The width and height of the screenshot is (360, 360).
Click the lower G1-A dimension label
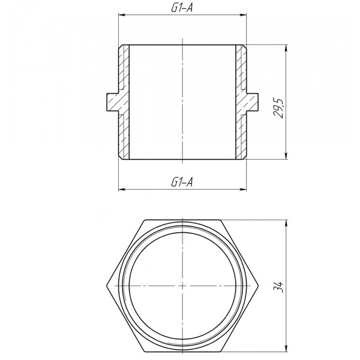coord(182,182)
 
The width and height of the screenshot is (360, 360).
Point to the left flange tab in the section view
coord(113,102)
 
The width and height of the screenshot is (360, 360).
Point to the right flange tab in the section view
coord(252,102)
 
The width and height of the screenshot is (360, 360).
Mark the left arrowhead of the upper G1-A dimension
coord(121,17)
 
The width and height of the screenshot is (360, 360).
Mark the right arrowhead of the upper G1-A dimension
coord(244,17)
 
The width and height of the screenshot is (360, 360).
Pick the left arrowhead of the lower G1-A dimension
coord(121,189)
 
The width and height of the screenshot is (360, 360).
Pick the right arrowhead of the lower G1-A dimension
coord(244,189)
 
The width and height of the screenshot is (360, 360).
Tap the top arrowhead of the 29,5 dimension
coord(287,47)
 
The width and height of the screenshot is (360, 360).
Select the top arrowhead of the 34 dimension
coord(287,221)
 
